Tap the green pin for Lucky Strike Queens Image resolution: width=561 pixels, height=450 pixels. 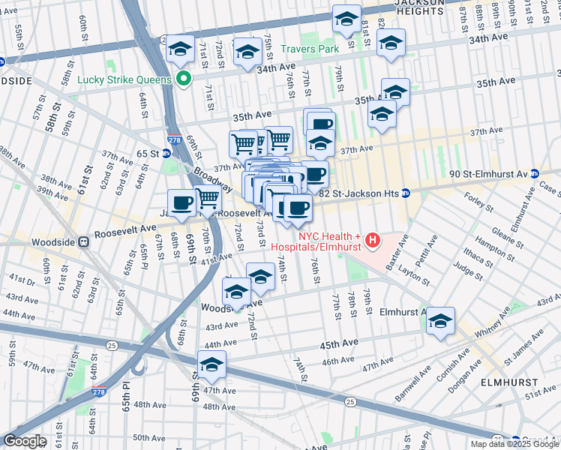(183, 79)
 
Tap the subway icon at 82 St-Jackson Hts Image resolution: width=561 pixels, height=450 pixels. (406, 193)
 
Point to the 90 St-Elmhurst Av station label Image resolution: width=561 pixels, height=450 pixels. (487, 173)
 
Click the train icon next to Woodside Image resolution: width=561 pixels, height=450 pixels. (84, 242)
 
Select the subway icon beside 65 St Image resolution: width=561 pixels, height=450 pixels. (166, 153)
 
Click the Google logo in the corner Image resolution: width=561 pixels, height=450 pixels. (25, 441)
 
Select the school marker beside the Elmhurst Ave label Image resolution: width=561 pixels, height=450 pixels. (440, 321)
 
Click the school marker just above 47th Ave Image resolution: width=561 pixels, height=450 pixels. (211, 364)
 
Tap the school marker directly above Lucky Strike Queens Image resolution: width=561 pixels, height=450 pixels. (180, 49)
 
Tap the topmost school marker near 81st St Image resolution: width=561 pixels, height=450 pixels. (346, 19)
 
